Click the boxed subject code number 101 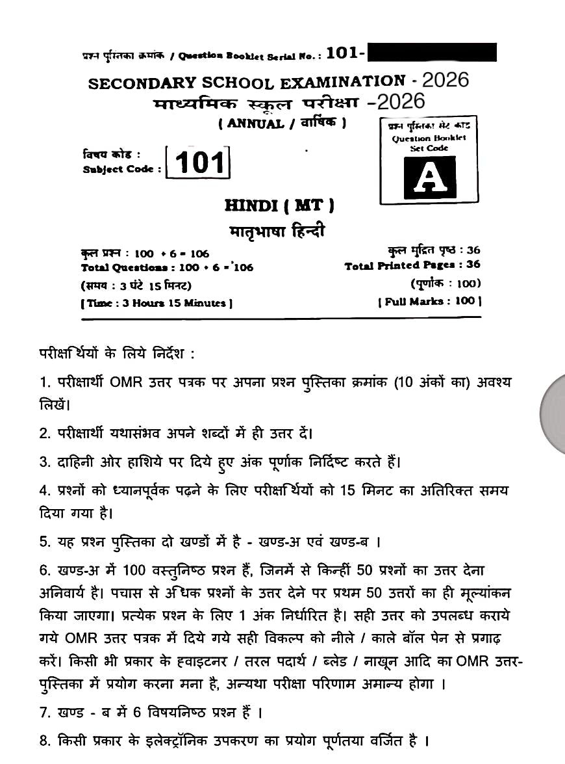(199, 162)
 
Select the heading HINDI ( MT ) (280, 206)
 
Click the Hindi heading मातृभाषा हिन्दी (277, 231)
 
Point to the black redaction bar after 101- (431, 53)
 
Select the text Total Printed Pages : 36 (412, 265)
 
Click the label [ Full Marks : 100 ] (429, 301)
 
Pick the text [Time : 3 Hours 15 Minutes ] (157, 303)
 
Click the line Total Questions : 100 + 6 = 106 (168, 267)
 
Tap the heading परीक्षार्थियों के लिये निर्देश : (117, 354)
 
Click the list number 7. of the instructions (45, 713)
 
